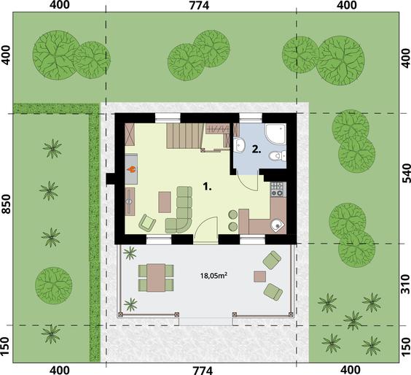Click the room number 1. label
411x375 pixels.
point(208,187)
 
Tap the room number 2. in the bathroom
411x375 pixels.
point(257,150)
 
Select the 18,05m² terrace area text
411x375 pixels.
point(214,276)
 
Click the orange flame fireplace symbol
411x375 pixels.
point(131,169)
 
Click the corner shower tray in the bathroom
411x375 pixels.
point(275,134)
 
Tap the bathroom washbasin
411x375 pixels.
point(240,144)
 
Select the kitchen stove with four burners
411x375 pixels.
point(277,190)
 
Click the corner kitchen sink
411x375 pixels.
point(278,225)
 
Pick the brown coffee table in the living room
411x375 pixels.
point(165,202)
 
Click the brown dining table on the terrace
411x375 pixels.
point(156,278)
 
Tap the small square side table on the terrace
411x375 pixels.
point(259,277)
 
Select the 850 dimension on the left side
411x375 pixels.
point(6,204)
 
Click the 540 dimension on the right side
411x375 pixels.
point(406,173)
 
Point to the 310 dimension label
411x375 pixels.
point(406,284)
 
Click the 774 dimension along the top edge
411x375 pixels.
point(199,5)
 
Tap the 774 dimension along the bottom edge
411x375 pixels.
point(202,371)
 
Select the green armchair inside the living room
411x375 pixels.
point(147,223)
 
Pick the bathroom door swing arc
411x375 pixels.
point(248,185)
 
